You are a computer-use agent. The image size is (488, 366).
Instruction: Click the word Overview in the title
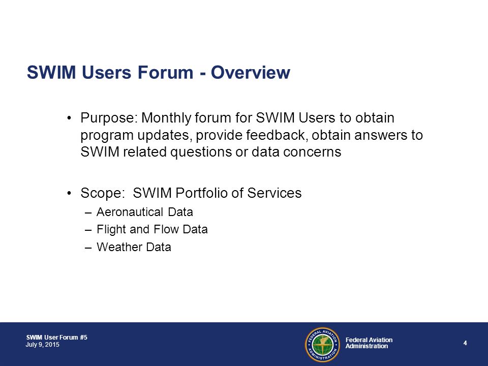(251, 72)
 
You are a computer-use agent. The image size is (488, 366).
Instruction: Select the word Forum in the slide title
(165, 72)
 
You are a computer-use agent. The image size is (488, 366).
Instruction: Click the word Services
(274, 193)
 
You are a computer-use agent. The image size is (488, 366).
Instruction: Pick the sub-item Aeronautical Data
(145, 212)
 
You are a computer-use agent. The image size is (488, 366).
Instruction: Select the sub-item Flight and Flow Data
(152, 229)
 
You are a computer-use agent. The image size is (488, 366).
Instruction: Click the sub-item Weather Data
(134, 247)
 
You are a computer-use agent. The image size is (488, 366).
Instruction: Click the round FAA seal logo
(322, 345)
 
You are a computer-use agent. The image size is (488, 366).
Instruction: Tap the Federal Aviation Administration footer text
(369, 343)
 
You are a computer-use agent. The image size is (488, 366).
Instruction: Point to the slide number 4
(465, 343)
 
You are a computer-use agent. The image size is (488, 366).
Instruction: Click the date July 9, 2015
(43, 345)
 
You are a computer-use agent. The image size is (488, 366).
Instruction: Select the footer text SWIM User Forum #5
(56, 338)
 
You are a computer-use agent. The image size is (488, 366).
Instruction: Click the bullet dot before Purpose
(69, 118)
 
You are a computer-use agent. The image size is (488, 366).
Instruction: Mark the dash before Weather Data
(88, 248)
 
